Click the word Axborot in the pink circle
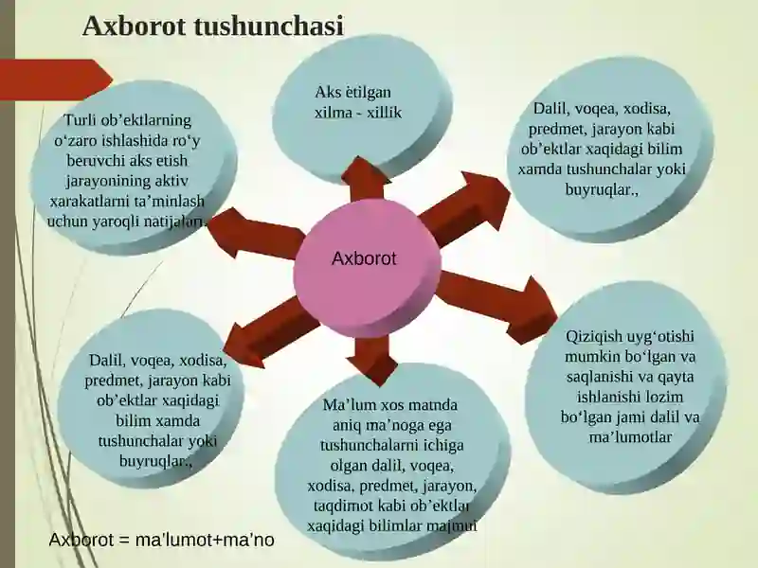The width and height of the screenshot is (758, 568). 364,258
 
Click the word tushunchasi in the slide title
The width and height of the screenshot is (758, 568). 269,27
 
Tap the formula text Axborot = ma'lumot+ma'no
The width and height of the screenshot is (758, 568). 161,540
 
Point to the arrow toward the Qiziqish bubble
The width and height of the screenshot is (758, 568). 498,305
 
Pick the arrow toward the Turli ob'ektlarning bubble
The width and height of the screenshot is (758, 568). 256,233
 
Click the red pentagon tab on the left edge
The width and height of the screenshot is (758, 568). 56,80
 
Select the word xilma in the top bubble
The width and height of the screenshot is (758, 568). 334,112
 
